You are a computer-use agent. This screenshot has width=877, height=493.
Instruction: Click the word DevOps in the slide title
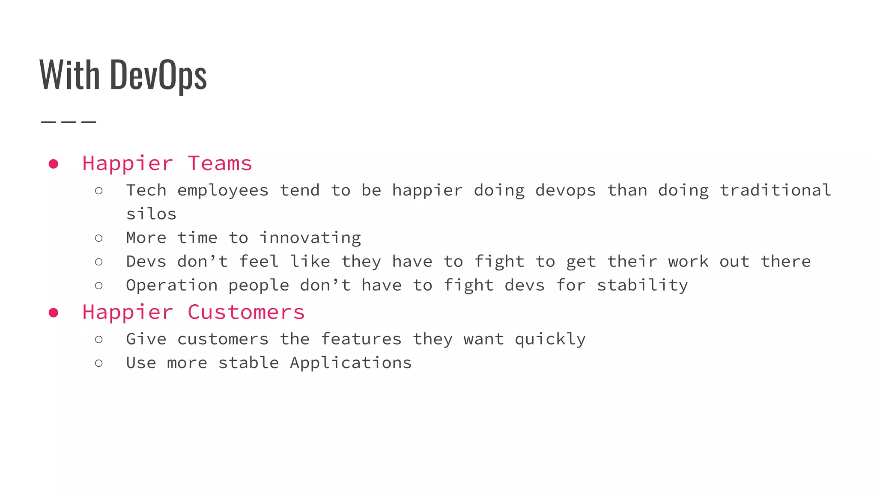click(158, 76)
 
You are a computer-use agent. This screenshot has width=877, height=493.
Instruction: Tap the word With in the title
click(70, 75)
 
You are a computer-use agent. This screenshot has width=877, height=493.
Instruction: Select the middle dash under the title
click(69, 122)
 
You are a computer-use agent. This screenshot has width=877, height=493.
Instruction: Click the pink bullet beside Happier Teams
click(54, 164)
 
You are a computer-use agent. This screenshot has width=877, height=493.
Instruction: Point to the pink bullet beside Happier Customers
click(54, 313)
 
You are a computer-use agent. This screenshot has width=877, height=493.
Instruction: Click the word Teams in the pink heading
click(220, 163)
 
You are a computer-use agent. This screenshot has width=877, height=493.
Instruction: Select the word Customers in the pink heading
click(246, 312)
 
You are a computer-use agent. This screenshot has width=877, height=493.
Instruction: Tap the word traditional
click(775, 190)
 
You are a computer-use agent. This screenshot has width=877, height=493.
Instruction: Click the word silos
click(151, 214)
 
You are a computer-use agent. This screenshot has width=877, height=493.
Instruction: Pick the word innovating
click(310, 238)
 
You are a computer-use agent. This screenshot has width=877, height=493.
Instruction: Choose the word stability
click(642, 285)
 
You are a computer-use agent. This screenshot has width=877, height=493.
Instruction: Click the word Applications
click(351, 363)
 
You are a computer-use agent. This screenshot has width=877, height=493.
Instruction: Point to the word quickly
click(550, 339)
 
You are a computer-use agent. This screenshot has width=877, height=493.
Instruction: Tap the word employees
click(223, 190)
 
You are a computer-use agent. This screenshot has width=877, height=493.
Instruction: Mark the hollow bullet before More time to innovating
click(99, 238)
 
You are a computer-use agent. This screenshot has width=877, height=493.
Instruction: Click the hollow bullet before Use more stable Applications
click(99, 363)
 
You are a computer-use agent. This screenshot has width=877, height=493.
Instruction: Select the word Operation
click(172, 285)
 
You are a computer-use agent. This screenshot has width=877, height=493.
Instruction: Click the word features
click(361, 339)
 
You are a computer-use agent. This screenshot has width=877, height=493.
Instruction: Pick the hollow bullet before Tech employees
click(99, 190)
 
